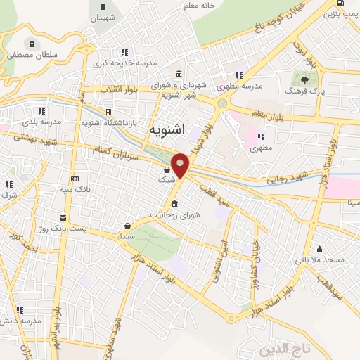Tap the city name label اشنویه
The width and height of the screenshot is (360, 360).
pos(167,130)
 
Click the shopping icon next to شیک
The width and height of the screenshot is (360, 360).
pos(167,169)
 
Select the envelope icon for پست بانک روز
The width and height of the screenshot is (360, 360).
pos(64,217)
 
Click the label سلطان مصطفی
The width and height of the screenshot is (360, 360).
pos(29,53)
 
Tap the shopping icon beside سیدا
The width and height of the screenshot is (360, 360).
pos(128,226)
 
